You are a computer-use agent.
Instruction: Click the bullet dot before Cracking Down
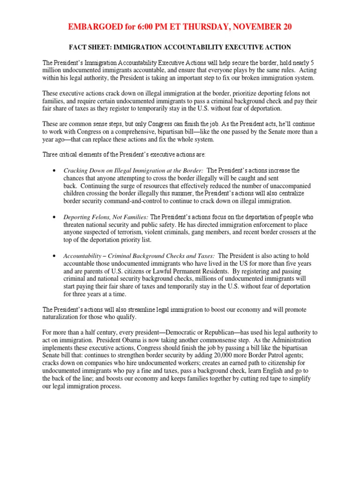pos(55,171)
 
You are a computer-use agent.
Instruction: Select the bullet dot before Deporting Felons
pos(55,217)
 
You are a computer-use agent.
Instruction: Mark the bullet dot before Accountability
pos(55,256)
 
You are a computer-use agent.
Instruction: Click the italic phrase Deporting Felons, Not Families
pos(105,217)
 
